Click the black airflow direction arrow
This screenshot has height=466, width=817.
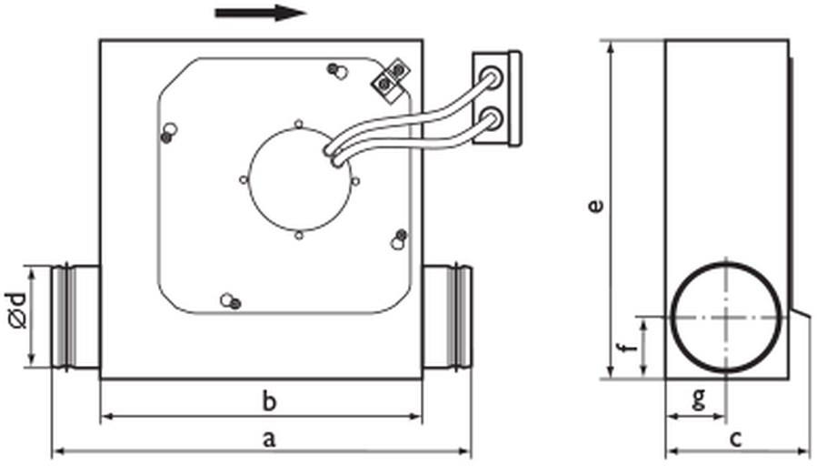(261, 13)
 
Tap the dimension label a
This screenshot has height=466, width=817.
(268, 439)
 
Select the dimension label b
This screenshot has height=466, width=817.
(269, 401)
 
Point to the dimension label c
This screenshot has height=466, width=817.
(734, 439)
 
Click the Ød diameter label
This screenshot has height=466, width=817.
(16, 311)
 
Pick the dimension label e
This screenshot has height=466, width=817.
(595, 205)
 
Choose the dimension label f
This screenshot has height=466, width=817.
(632, 347)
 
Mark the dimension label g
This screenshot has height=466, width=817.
(699, 399)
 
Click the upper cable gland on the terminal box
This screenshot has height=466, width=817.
(490, 74)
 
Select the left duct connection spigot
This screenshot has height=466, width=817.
(75, 318)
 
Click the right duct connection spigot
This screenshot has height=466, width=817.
(447, 318)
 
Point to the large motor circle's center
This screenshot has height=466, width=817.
(299, 179)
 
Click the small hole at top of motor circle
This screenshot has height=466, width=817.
(299, 124)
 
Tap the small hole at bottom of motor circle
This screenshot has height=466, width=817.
(299, 236)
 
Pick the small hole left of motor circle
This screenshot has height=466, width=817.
(244, 180)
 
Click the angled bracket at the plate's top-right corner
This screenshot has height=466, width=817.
(390, 79)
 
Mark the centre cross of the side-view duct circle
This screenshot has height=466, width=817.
(726, 317)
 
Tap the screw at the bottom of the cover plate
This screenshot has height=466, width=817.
(230, 301)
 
